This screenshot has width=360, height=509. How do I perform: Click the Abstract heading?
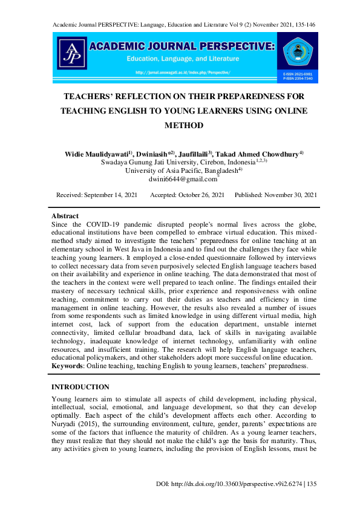coord(65,216)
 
